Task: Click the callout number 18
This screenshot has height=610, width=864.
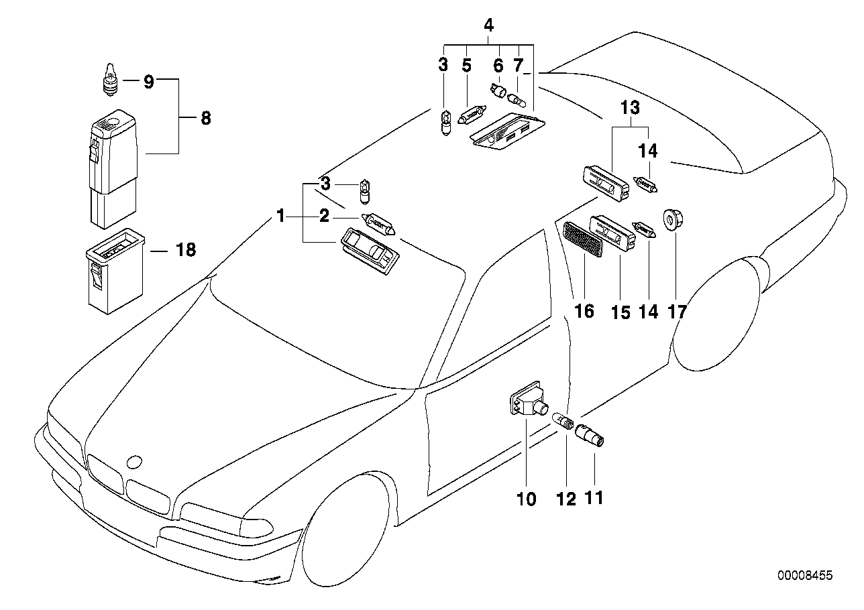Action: [x=186, y=250]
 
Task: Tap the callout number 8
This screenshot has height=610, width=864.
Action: [x=205, y=119]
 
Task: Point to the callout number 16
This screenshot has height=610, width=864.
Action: [x=584, y=311]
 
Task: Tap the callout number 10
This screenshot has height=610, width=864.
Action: [x=527, y=499]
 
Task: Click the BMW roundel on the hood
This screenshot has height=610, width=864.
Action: [x=134, y=462]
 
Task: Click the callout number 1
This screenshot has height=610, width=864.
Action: [x=280, y=215]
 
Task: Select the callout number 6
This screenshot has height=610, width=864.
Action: [x=498, y=66]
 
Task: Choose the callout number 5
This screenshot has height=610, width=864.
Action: [x=467, y=66]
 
